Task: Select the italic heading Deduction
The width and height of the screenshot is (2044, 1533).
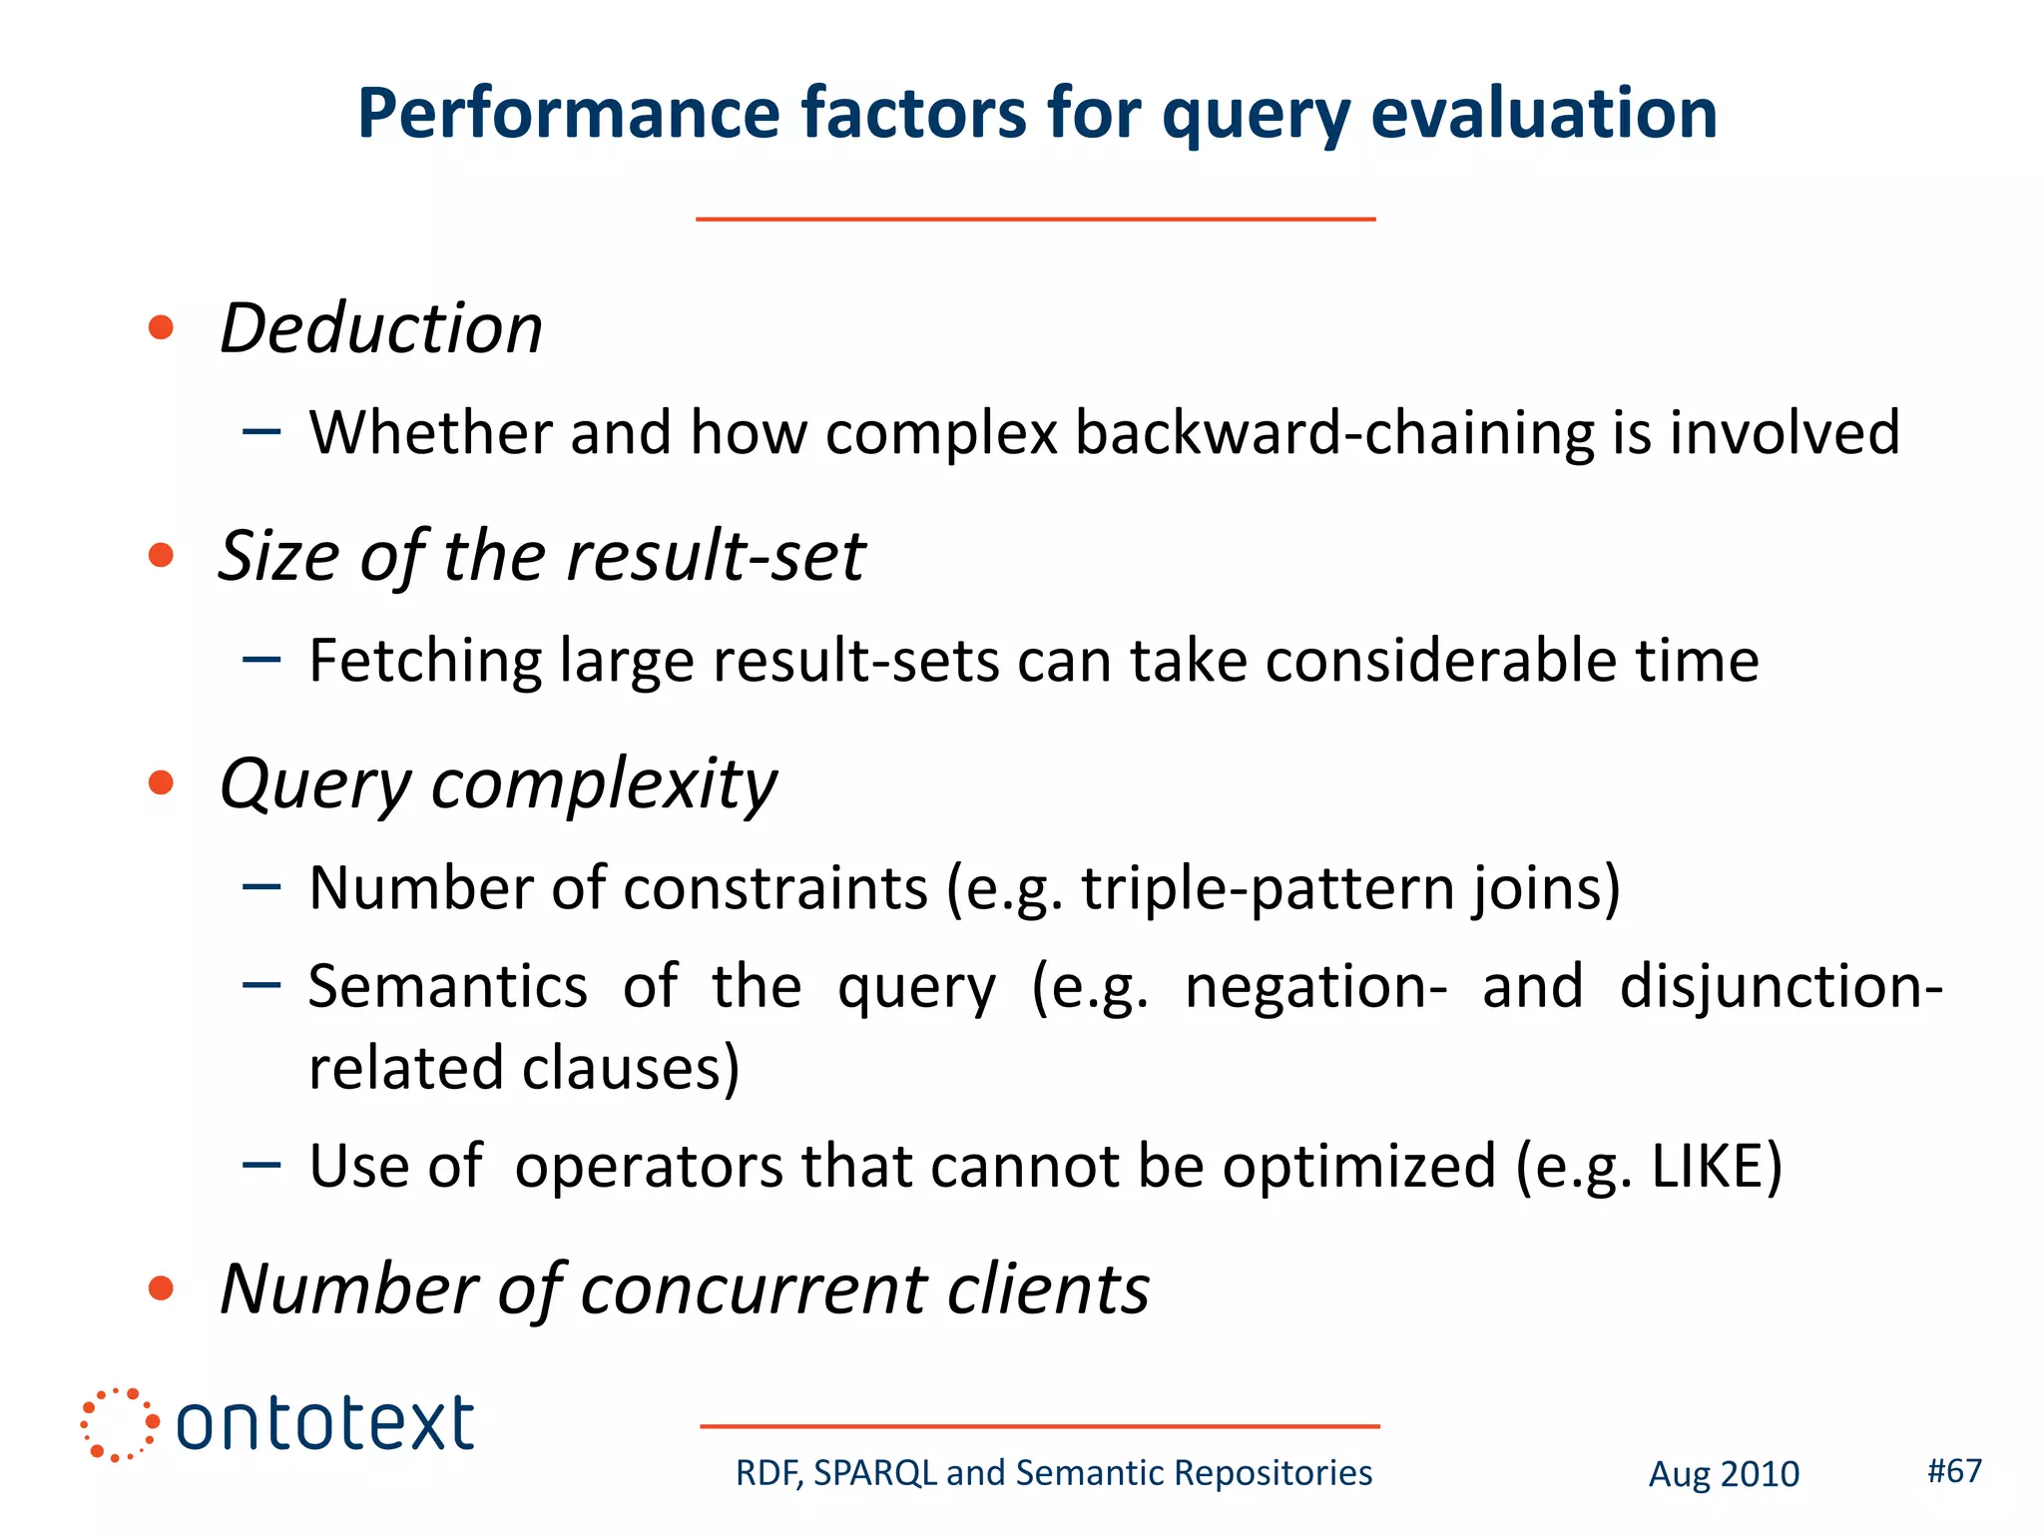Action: [380, 328]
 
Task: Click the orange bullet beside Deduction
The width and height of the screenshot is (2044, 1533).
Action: [161, 327]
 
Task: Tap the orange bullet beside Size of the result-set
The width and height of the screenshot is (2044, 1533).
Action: [161, 555]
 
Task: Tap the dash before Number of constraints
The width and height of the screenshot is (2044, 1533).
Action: [261, 886]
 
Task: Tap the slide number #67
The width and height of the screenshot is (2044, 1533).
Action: [1953, 1470]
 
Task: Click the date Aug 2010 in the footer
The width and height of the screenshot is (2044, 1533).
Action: [1723, 1473]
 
